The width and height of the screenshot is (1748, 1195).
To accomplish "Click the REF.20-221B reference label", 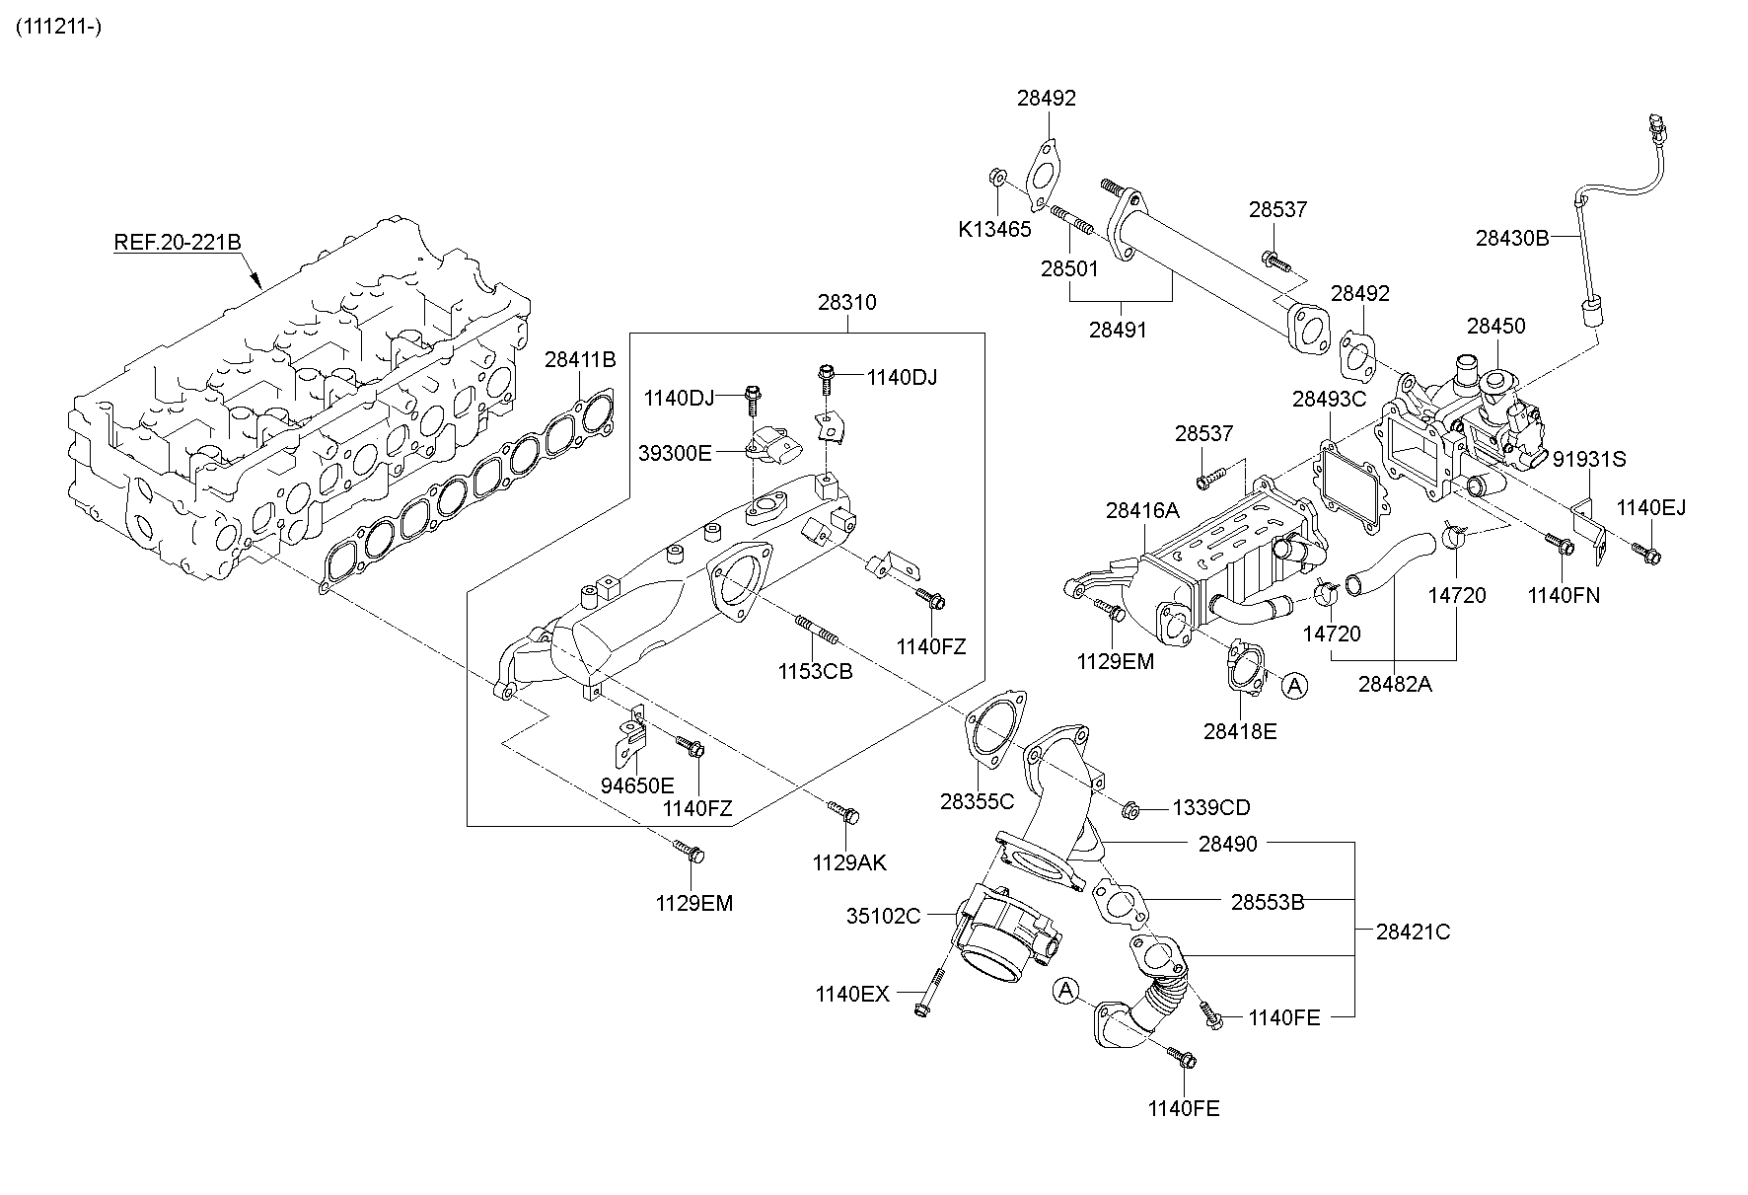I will (178, 242).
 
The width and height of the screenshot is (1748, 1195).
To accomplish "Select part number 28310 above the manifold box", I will (846, 302).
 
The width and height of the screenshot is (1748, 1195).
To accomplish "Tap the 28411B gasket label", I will (580, 360).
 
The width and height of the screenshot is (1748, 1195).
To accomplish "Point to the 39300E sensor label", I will (675, 453).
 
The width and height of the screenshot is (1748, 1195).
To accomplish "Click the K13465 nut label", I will (994, 230).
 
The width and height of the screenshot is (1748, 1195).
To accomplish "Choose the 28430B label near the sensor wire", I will (1512, 237).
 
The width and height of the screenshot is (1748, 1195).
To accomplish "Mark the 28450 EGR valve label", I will (1495, 326).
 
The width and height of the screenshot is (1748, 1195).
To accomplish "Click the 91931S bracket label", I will (1590, 459).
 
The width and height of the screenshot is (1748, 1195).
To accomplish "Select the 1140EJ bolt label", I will (1651, 508).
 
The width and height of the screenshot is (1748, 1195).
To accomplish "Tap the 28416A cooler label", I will (1142, 510).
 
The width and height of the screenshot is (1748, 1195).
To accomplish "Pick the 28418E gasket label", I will (1240, 731).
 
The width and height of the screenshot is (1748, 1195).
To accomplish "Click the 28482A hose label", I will (1395, 683).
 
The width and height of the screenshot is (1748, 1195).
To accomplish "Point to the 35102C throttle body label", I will (883, 916).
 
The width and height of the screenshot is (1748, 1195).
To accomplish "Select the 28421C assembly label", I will (1414, 931).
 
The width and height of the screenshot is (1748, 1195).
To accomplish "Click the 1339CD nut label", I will (1211, 808).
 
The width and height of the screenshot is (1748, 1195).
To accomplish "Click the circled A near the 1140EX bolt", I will (1066, 990).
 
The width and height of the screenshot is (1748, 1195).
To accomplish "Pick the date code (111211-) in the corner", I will (58, 27).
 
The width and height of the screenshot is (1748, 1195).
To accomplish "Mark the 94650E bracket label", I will (637, 785).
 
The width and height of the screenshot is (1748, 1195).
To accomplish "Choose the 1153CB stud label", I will (815, 671).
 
